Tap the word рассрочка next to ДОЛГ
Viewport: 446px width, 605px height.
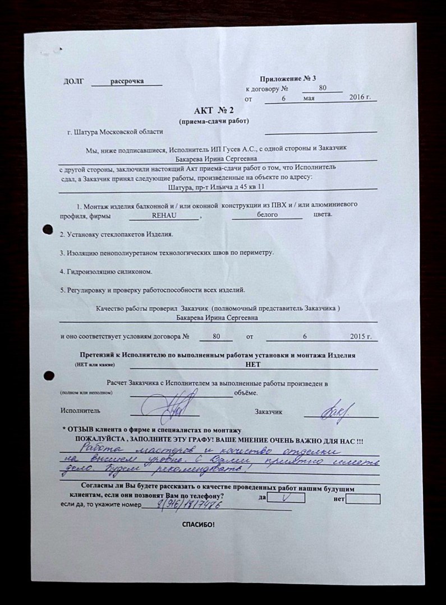pos(127,81)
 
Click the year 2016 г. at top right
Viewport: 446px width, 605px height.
pos(360,97)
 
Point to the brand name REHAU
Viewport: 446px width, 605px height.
pos(164,215)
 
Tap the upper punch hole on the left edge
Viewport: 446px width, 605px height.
pos(48,229)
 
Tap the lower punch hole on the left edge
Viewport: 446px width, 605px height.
pos(48,375)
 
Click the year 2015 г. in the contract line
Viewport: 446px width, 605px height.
pos(360,337)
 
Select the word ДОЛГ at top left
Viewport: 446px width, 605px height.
pos(73,82)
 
